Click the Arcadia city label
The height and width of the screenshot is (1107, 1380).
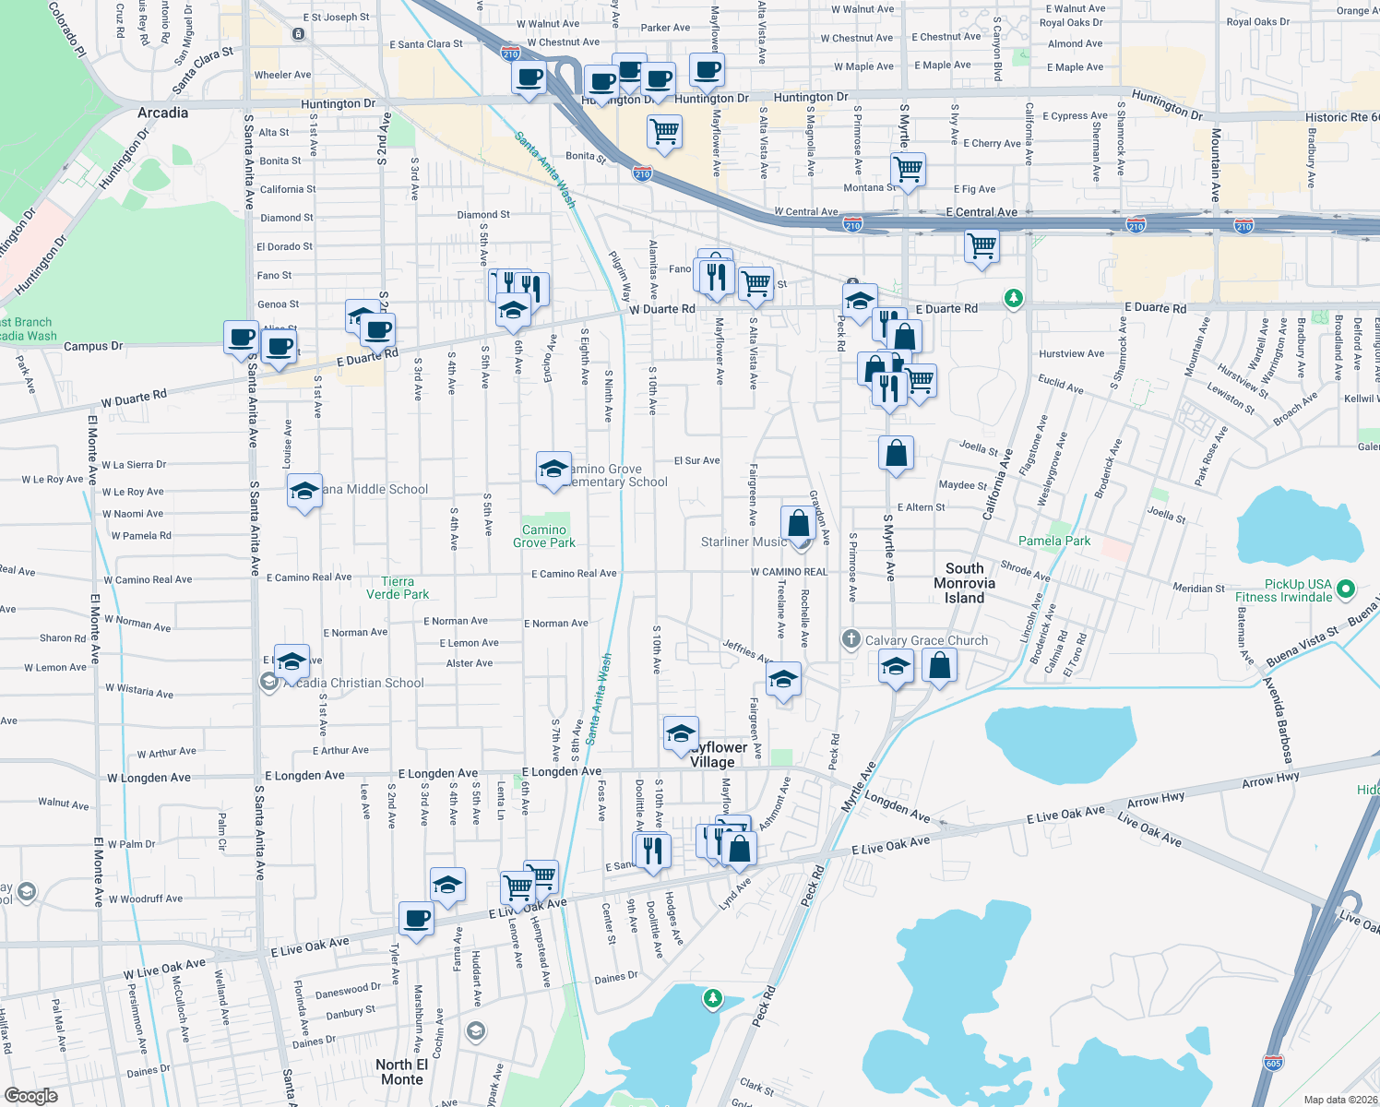tap(162, 113)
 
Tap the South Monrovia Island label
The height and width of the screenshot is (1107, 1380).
tap(964, 583)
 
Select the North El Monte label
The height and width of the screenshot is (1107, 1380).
tap(401, 1072)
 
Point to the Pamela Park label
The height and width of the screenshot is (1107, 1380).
tap(1054, 541)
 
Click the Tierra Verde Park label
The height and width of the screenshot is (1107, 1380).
tap(398, 588)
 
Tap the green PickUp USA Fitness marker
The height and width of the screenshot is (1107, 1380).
tap(1346, 588)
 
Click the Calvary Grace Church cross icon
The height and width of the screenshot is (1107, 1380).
tap(851, 639)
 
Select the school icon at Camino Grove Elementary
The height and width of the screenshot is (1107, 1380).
tap(553, 469)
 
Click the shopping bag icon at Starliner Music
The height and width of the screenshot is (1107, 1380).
tap(799, 523)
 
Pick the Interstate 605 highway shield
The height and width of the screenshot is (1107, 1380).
tap(1274, 1062)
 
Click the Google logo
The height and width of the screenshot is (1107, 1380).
tap(31, 1095)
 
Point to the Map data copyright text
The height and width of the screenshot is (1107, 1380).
tap(1340, 1100)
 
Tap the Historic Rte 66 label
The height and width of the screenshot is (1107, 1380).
tap(1341, 117)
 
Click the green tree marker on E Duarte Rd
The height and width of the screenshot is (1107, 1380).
tap(1014, 298)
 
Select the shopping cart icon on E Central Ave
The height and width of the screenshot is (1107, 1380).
tap(981, 247)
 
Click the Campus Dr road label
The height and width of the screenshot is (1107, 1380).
tap(93, 347)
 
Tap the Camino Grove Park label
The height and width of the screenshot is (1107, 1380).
tap(544, 536)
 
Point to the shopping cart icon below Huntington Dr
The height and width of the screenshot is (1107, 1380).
tap(664, 132)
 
